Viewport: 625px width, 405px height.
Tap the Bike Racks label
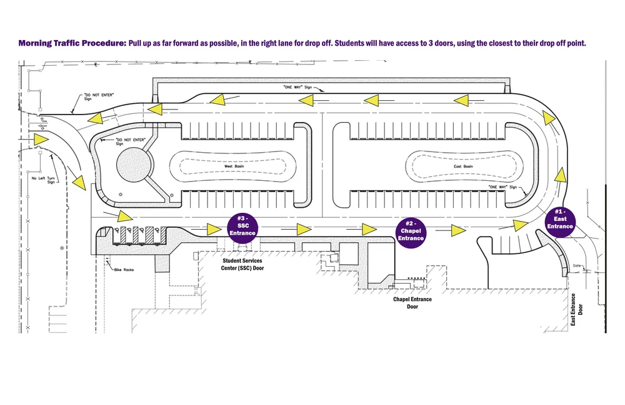point(124,270)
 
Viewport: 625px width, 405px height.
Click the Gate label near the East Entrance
point(578,265)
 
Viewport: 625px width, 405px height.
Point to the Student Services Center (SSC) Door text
point(242,264)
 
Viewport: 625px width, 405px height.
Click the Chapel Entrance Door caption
point(412,303)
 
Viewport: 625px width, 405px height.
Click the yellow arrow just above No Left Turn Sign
point(41,139)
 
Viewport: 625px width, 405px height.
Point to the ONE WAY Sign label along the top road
point(297,87)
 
